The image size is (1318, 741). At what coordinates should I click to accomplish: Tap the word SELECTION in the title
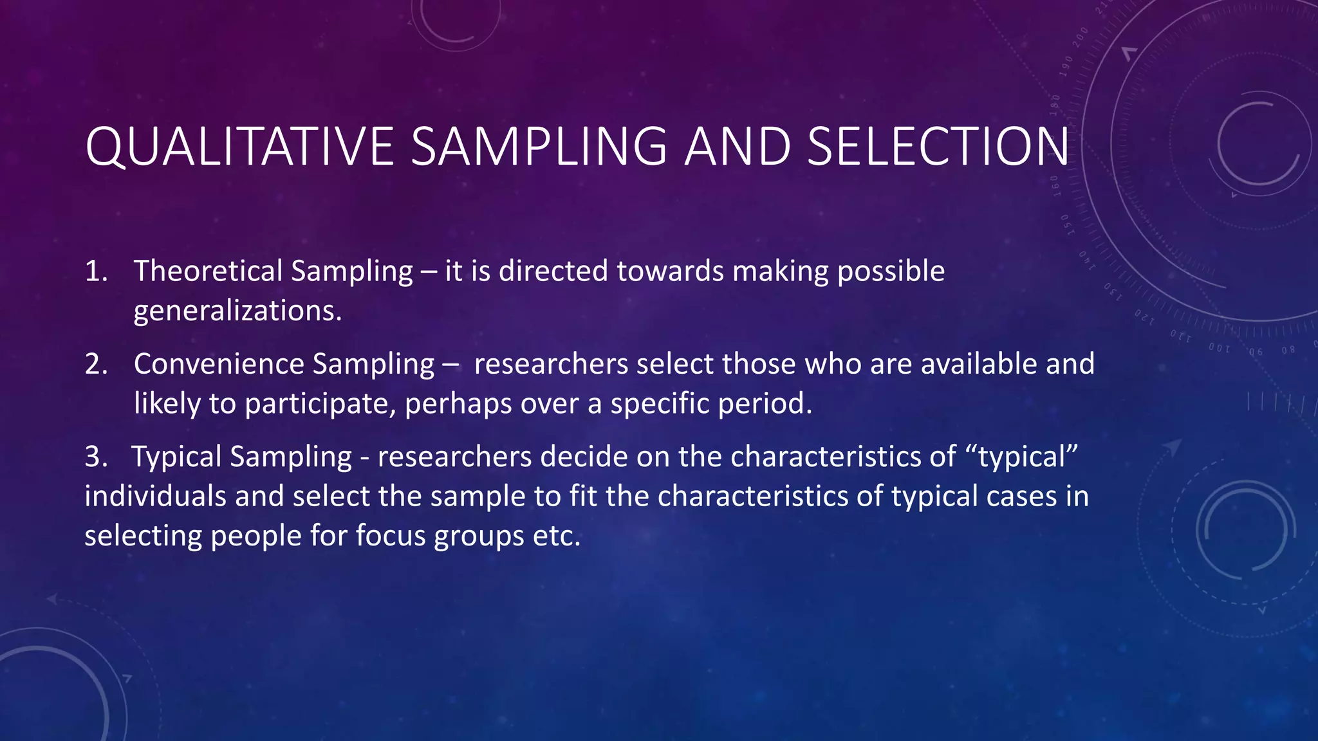tap(938, 147)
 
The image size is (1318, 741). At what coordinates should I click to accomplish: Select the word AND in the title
tap(737, 147)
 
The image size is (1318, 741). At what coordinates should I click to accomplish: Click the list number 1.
tap(95, 271)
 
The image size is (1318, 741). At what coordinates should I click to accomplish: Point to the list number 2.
tap(95, 365)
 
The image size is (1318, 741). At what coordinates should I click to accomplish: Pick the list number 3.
tap(95, 457)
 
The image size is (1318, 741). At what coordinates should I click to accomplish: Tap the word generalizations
tap(237, 311)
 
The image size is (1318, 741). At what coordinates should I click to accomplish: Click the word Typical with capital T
tap(177, 457)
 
